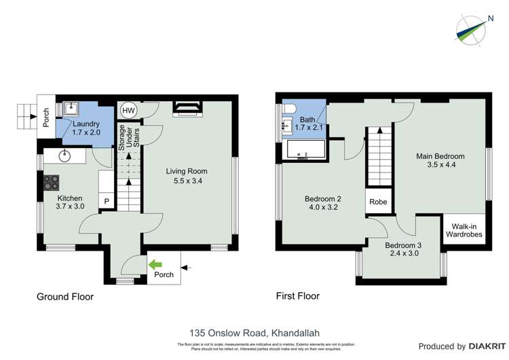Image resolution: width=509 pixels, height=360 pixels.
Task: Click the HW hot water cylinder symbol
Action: click(128, 111)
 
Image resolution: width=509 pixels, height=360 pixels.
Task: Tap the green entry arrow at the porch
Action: click(155, 264)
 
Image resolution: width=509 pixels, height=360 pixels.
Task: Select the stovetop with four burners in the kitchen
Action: click(52, 183)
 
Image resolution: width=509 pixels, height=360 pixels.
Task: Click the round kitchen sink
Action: click(66, 156)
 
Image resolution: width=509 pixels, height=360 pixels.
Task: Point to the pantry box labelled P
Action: click(107, 201)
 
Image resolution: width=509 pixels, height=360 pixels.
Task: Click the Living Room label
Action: click(187, 171)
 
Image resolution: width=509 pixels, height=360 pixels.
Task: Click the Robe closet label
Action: click(378, 202)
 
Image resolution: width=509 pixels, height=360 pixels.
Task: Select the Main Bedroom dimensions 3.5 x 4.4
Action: click(440, 165)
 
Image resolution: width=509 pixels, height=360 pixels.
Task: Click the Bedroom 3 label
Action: click(403, 245)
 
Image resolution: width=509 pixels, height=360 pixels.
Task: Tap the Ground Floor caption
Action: click(65, 296)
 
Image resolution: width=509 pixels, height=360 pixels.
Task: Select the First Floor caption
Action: click(297, 296)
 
